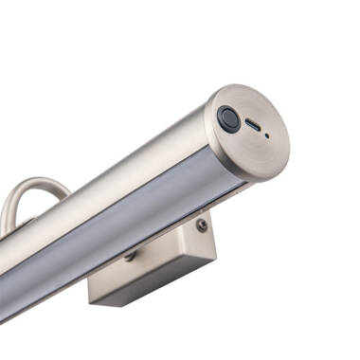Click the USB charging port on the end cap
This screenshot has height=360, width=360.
253,124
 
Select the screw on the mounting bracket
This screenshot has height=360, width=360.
201,225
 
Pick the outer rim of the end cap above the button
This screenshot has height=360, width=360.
227,94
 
